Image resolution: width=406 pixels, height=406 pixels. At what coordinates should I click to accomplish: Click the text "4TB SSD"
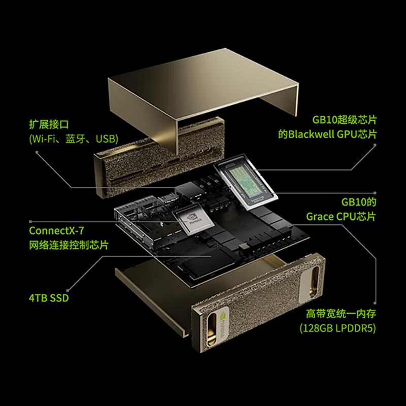point(49,298)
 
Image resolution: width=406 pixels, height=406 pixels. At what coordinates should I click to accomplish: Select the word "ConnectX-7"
point(56,231)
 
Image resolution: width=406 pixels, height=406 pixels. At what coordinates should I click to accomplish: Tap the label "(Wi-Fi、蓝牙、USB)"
point(74,139)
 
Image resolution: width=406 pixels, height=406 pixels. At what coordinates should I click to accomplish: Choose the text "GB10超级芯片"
point(345,120)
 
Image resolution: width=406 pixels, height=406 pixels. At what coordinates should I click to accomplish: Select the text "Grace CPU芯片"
point(341,216)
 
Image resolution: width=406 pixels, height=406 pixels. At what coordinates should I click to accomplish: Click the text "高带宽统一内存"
point(341,314)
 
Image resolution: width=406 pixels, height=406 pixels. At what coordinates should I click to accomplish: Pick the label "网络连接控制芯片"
point(69,245)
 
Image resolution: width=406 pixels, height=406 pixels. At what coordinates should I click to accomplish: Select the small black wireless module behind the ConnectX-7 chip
point(189,191)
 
